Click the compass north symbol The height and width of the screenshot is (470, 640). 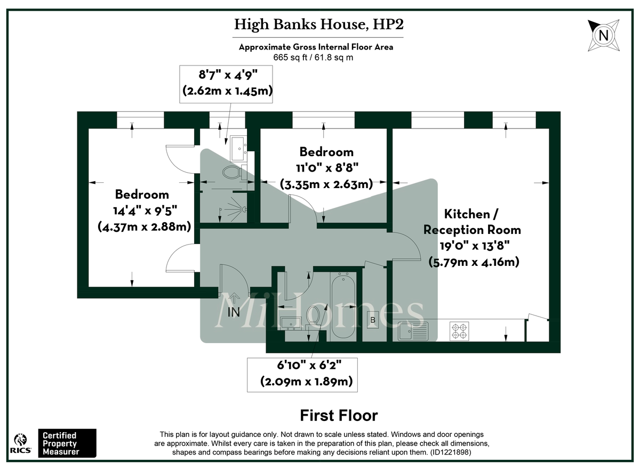point(603,36)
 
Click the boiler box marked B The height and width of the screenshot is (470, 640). point(372,320)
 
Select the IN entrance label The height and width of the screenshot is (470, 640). point(234,312)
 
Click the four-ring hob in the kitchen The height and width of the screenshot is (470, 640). point(459,331)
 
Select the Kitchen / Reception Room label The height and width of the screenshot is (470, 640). point(472,238)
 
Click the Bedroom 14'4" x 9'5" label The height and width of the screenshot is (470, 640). point(144,210)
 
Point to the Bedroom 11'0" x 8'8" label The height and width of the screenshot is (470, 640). point(326,168)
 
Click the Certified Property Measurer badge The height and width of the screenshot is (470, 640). point(67,443)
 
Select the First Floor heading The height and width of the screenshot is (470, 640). point(339,416)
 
